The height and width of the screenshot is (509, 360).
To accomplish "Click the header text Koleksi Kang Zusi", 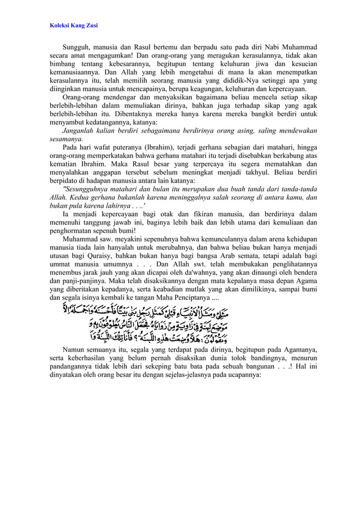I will pos(73,25).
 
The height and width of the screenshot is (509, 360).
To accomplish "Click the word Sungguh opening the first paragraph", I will pos(77,47).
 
